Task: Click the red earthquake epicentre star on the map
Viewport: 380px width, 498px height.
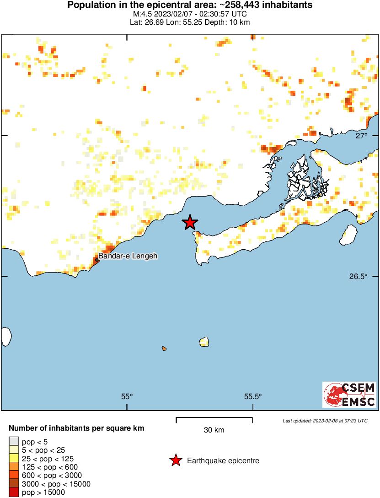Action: point(190,223)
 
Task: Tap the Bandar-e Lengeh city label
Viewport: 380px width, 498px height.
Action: point(128,257)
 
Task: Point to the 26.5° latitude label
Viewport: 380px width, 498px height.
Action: point(359,277)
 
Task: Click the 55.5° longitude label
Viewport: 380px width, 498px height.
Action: point(252,397)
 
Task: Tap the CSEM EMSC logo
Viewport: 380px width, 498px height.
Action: point(349,394)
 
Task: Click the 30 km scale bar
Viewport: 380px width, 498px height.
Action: point(214,418)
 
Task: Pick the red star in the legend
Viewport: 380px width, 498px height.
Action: point(175,461)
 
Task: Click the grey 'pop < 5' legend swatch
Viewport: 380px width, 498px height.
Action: point(14,442)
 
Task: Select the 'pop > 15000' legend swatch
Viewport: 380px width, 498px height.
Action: point(14,493)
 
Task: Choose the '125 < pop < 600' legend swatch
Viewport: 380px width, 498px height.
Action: point(14,467)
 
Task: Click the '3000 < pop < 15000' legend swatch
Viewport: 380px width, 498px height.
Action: point(14,484)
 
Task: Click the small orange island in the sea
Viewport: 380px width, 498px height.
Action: point(164,349)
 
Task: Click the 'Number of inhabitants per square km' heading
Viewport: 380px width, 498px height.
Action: point(77,429)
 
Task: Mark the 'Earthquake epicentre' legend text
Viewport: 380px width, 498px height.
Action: point(223,461)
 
